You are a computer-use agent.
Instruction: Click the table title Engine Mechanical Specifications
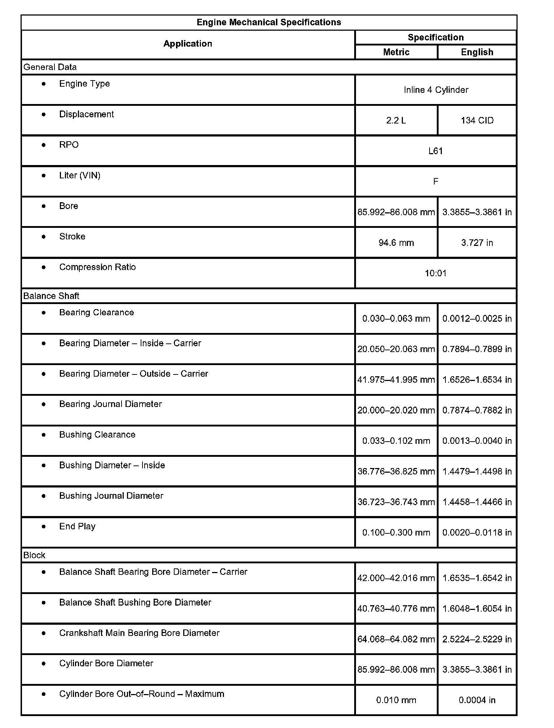click(x=269, y=22)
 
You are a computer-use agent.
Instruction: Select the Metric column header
click(x=396, y=52)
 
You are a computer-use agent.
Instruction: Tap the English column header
click(x=477, y=52)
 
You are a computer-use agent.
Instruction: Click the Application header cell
click(x=188, y=44)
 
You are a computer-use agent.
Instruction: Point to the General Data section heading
click(x=50, y=67)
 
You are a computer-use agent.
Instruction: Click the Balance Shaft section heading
click(x=51, y=296)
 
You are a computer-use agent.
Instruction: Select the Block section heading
click(x=34, y=555)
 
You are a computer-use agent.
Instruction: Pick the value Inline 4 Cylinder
click(x=436, y=90)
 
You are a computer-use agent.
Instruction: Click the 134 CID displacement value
click(x=477, y=121)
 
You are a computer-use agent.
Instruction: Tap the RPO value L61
click(x=436, y=151)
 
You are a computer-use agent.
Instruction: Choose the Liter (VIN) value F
click(x=436, y=182)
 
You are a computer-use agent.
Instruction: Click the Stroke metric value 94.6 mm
click(x=396, y=243)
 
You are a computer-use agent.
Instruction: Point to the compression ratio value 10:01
click(x=436, y=273)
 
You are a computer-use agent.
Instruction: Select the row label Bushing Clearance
click(x=97, y=435)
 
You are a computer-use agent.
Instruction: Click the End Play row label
click(x=77, y=526)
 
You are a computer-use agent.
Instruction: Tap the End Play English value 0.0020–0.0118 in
click(x=477, y=533)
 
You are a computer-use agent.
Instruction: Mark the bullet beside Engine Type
click(x=44, y=84)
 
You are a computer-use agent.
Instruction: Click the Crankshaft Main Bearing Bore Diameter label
click(x=139, y=633)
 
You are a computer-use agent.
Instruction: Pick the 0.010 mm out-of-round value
click(x=396, y=700)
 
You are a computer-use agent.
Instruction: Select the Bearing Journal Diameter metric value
click(x=396, y=410)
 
